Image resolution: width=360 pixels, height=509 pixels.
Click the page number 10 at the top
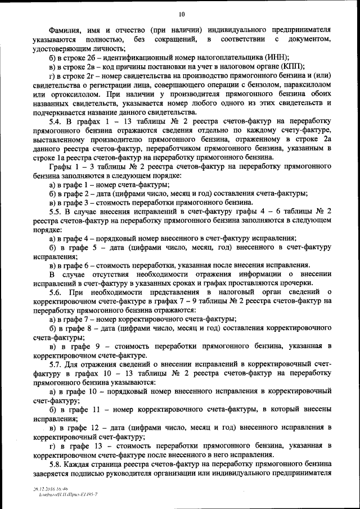181,13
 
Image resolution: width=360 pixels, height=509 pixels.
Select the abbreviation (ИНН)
277,57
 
